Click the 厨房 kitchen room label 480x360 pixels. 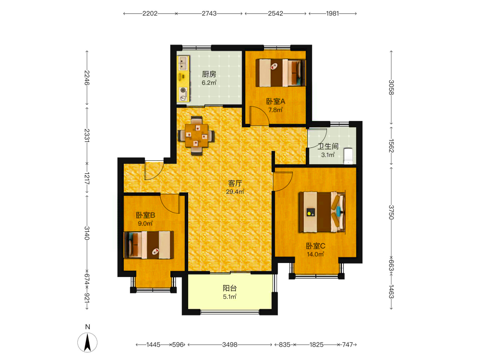tap(209, 74)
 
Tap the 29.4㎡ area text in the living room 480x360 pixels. tap(235, 192)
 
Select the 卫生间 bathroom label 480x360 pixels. tap(328, 146)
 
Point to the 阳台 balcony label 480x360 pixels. tap(229, 288)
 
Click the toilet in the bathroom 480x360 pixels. tap(348, 156)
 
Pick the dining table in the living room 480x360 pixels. tap(196, 135)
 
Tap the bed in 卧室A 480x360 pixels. tap(281, 73)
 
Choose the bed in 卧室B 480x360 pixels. tap(149, 245)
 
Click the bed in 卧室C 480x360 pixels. tap(323, 212)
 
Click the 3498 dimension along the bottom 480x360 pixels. tap(229, 345)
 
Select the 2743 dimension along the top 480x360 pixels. tap(209, 13)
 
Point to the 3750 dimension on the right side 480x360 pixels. tap(391, 212)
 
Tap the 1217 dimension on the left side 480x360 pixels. tap(87, 178)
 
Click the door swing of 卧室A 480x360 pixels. tap(259, 115)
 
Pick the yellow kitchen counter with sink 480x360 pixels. tap(183, 79)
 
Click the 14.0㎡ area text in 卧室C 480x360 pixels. tap(316, 254)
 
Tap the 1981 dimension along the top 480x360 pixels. tap(333, 13)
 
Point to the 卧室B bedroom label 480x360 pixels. tap(145, 215)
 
